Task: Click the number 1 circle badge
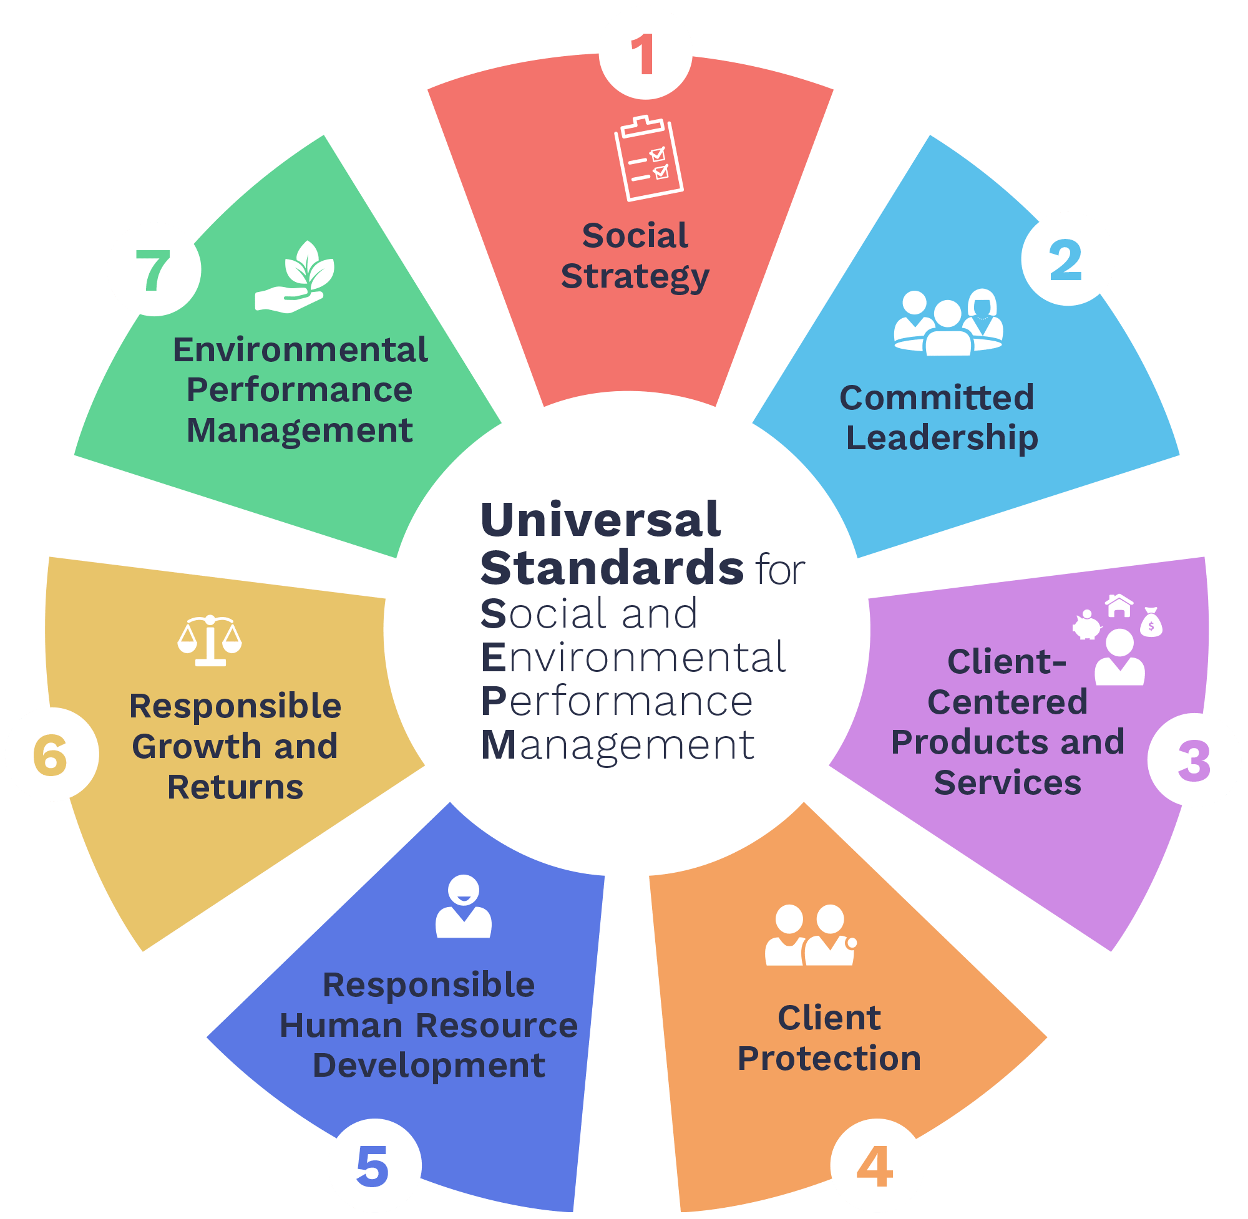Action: click(x=645, y=53)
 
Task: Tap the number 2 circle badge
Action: click(x=1068, y=260)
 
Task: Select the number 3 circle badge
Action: click(x=1194, y=760)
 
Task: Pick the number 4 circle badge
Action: click(x=877, y=1166)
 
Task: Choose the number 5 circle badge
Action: click(x=374, y=1166)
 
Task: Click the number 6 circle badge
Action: click(x=52, y=754)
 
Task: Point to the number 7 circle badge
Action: click(x=154, y=270)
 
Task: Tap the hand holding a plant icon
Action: click(x=295, y=278)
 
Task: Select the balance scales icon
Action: click(x=210, y=640)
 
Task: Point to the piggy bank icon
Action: click(x=1086, y=625)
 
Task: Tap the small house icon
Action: click(x=1119, y=605)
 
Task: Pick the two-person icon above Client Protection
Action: click(x=810, y=935)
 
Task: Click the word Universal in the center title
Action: click(x=601, y=520)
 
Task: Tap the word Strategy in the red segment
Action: click(x=635, y=276)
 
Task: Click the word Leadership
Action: click(x=942, y=438)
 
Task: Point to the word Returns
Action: click(x=235, y=787)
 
